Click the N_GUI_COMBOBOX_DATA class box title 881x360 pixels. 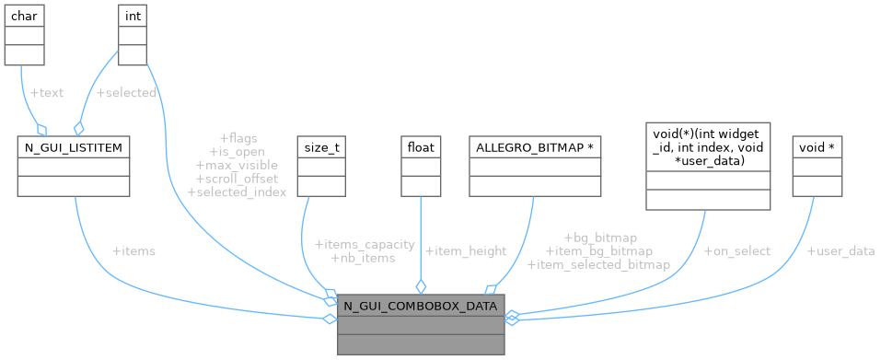pyautogui.click(x=421, y=306)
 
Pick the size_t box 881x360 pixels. pyautogui.click(x=319, y=146)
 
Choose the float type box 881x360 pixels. pyautogui.click(x=421, y=146)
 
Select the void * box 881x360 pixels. pyautogui.click(x=817, y=146)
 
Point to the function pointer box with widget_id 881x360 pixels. pyautogui.click(x=708, y=147)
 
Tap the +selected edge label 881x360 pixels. pyautogui.click(x=126, y=93)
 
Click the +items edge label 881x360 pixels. pyautogui.click(x=133, y=250)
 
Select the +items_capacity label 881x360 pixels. pyautogui.click(x=365, y=245)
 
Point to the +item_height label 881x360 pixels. pyautogui.click(x=466, y=250)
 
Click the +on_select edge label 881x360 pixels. pyautogui.click(x=737, y=250)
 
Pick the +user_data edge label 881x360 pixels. pyautogui.click(x=840, y=250)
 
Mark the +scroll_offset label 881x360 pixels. pyautogui.click(x=237, y=179)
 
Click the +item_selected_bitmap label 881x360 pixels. pyautogui.click(x=598, y=264)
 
